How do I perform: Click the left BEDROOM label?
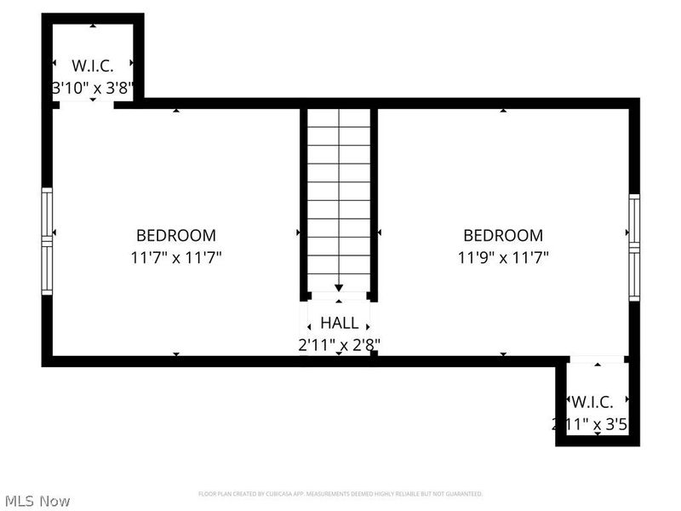pos(176,235)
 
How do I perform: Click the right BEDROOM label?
pos(502,235)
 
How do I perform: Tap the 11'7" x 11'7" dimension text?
pos(176,257)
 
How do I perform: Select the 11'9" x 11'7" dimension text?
pos(502,257)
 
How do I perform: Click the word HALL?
pos(339,324)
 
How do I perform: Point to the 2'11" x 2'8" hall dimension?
pos(339,345)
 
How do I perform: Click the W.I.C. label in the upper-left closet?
pos(93,66)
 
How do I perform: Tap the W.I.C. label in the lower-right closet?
pos(592,402)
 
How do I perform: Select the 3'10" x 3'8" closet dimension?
pos(93,87)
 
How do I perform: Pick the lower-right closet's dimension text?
pos(593,423)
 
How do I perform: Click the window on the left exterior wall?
pos(47,241)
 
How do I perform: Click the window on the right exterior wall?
pos(634,247)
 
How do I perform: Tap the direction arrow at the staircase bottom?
pos(339,288)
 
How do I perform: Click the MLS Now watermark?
pos(36,501)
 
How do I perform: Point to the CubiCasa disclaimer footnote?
pos(340,494)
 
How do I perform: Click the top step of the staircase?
pos(339,118)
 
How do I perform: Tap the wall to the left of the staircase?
pos(304,204)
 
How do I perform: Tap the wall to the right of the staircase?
pos(374,204)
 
